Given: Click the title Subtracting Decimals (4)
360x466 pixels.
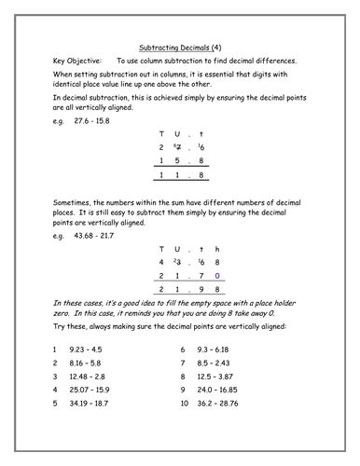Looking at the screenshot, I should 179,44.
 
